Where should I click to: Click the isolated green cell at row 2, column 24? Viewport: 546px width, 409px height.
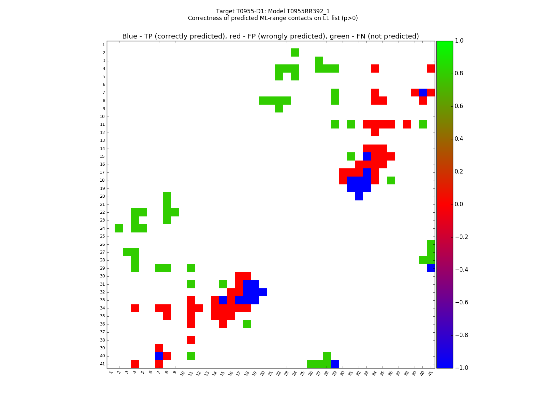pyautogui.click(x=295, y=52)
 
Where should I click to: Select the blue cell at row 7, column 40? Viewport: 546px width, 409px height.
pyautogui.click(x=423, y=92)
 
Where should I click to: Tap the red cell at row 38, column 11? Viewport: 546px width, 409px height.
pyautogui.click(x=191, y=340)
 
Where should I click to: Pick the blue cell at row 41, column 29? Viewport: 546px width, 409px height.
pyautogui.click(x=335, y=364)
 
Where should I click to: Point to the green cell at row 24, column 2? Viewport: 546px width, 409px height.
pyautogui.click(x=119, y=228)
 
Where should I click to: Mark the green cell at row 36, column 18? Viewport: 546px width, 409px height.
pyautogui.click(x=247, y=324)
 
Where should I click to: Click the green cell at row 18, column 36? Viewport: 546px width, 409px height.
pyautogui.click(x=391, y=180)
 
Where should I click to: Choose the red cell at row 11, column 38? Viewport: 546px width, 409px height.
pyautogui.click(x=407, y=124)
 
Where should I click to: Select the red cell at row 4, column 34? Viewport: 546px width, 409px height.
pyautogui.click(x=375, y=69)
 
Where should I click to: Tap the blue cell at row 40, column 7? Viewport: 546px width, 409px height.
pyautogui.click(x=159, y=356)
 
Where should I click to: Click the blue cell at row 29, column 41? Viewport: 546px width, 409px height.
pyautogui.click(x=431, y=268)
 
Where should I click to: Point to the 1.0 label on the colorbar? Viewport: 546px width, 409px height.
pyautogui.click(x=459, y=41)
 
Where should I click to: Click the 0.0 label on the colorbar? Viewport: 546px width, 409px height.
pyautogui.click(x=459, y=204)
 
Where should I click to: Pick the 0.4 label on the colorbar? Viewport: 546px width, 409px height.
pyautogui.click(x=459, y=139)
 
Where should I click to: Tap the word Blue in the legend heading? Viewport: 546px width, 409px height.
pyautogui.click(x=129, y=36)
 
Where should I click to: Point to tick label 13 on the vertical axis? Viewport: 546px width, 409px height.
pyautogui.click(x=103, y=140)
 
